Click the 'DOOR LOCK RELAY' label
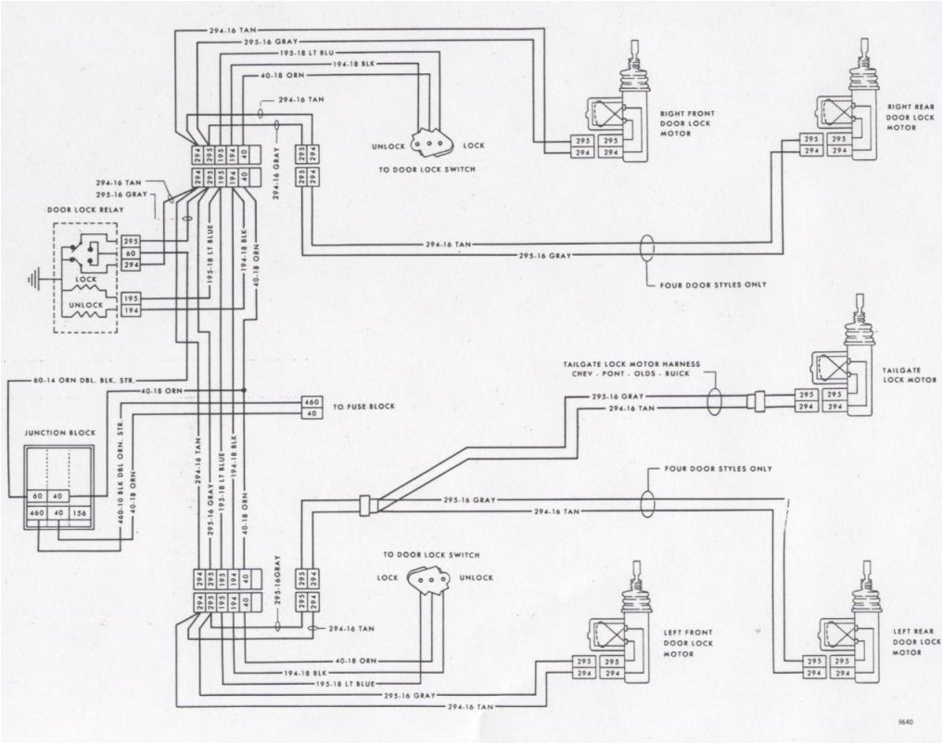point(84,210)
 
